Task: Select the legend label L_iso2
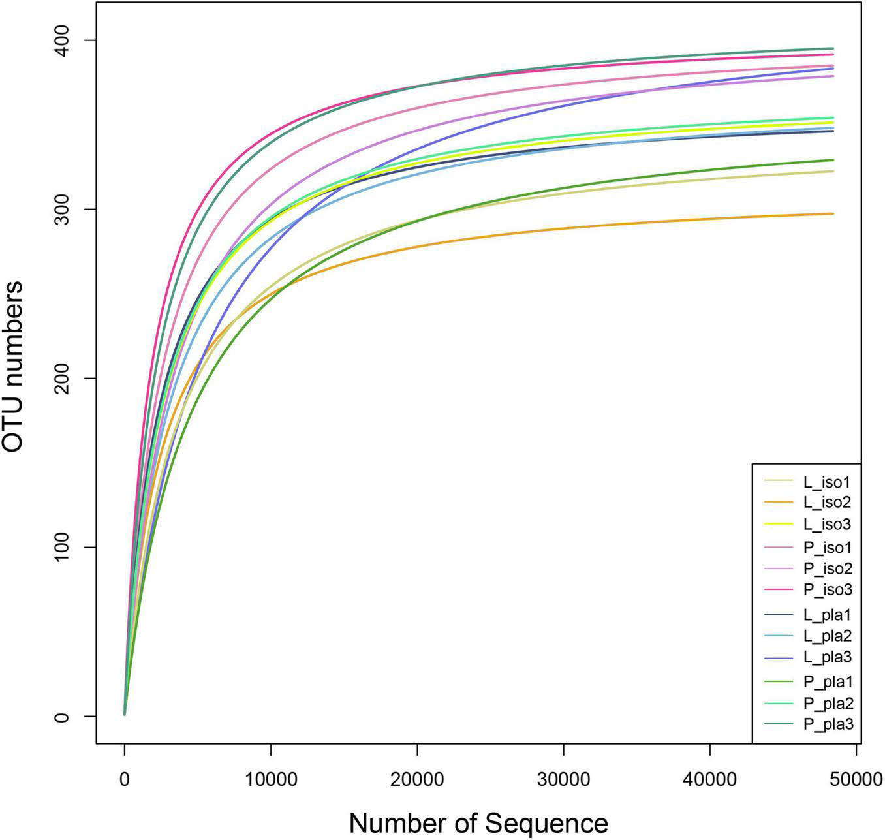[827, 503]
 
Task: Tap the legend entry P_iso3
[827, 589]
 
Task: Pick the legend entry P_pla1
[828, 682]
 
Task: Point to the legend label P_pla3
[828, 724]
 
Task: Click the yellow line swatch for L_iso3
[779, 524]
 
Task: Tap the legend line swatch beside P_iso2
[779, 568]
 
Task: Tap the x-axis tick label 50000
[856, 779]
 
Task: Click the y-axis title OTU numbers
[14, 366]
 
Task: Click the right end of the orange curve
[833, 214]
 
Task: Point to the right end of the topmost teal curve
[833, 48]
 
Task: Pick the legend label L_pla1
[827, 615]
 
